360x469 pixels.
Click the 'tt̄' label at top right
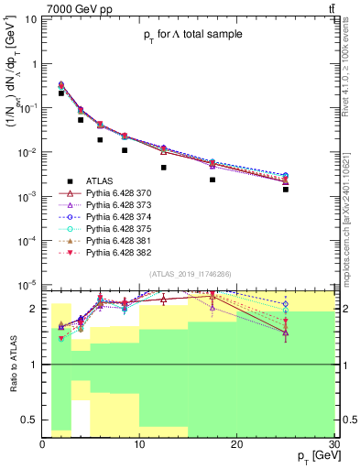(x=330, y=8)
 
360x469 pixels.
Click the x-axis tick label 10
(x=139, y=442)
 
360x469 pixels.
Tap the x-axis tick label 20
(x=236, y=442)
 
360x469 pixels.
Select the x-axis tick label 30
(x=333, y=442)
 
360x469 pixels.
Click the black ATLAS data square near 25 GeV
(x=286, y=190)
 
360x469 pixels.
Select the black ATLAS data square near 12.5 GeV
(x=164, y=168)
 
